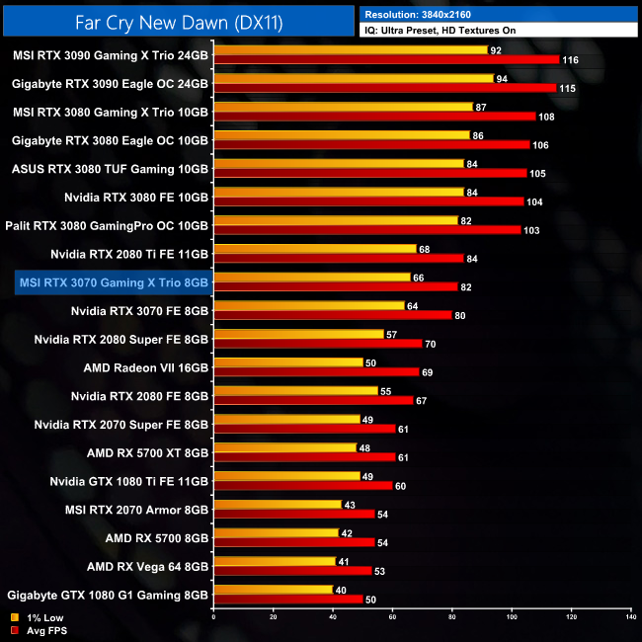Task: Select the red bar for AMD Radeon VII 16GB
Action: (x=316, y=371)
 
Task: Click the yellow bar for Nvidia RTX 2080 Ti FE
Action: (x=314, y=249)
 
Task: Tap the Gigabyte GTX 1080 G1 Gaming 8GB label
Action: (x=108, y=596)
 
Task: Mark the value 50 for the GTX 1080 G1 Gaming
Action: (x=370, y=600)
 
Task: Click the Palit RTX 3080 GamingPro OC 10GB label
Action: (x=108, y=226)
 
